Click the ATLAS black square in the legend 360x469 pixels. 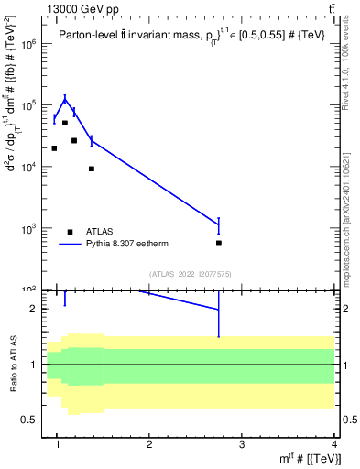(x=71, y=232)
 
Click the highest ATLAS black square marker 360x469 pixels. (x=65, y=122)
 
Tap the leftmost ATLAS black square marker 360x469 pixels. (x=54, y=147)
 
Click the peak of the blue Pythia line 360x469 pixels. (x=65, y=99)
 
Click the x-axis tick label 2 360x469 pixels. (x=149, y=445)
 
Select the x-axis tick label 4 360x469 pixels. (x=334, y=445)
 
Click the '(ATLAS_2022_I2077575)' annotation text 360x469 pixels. (x=189, y=273)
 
